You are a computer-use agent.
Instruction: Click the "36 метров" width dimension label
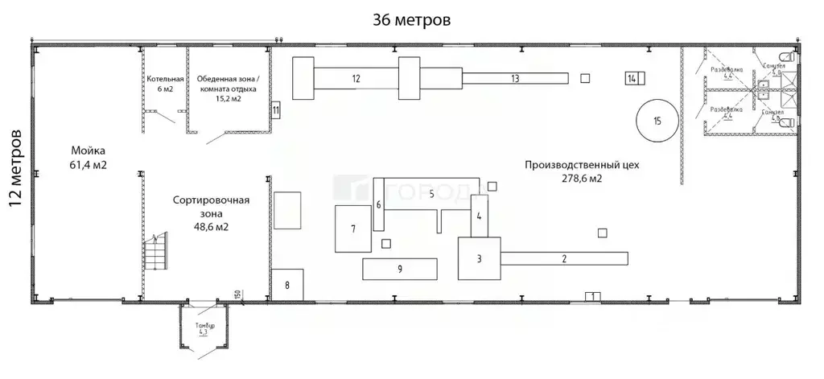coord(411,19)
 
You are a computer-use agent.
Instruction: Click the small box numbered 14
coord(632,78)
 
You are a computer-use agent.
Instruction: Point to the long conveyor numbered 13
coord(515,78)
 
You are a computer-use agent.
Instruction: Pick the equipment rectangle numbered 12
coord(355,78)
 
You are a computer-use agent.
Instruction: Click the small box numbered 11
coord(275,109)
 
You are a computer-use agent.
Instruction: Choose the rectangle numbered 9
coord(399,269)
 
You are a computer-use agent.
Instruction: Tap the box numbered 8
coord(286,284)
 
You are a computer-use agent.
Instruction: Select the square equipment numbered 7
coord(352,229)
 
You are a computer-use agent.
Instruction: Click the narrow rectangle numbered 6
coord(378,204)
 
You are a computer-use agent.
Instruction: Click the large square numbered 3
coord(480,258)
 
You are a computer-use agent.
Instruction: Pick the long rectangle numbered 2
coord(564,258)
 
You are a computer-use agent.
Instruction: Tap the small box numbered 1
coord(592,297)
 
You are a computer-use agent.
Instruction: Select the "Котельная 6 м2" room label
coord(165,84)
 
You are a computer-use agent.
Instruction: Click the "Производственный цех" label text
coord(581,167)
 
